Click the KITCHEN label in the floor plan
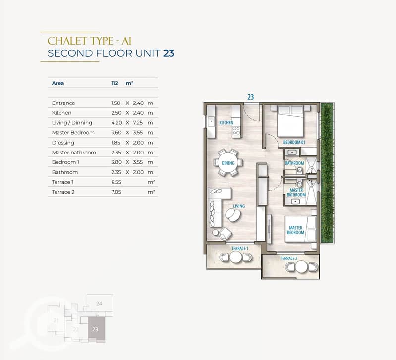coord(226,123)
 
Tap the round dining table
coord(228,163)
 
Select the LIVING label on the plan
coord(239,206)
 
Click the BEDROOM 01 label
coord(294,142)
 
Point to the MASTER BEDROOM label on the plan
coord(296,230)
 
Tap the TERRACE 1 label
coord(240,249)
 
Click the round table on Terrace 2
coord(301,267)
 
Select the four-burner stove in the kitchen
coord(236,131)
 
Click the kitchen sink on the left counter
coord(210,122)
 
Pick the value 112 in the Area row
coord(114,83)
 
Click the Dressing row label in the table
coord(63,143)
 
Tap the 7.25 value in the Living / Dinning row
coord(138,123)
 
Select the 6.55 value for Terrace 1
coord(116,182)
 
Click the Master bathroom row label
coord(74,153)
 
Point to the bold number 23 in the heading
coord(169,53)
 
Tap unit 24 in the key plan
coord(100,303)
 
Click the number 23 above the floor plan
coord(250,97)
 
